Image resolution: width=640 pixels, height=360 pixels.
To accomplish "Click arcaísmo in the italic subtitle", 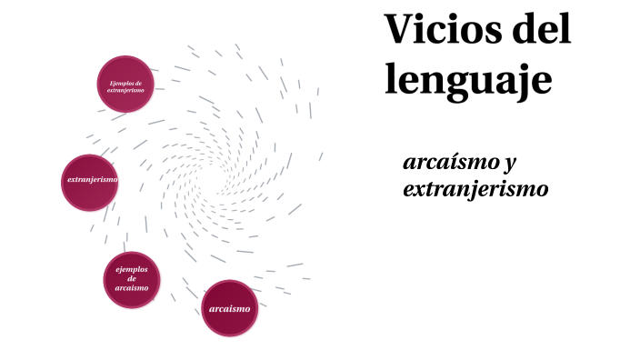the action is pos(447,164).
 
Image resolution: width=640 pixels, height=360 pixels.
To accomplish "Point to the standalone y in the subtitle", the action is pos(510,165).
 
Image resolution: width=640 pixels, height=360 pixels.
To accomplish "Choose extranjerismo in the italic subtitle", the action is pos(475,190).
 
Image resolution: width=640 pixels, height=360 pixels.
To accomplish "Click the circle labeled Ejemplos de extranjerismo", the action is pos(125,85).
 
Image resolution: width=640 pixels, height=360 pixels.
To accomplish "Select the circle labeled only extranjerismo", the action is pos(92,182).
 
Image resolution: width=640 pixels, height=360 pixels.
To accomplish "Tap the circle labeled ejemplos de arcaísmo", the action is pos(131,279).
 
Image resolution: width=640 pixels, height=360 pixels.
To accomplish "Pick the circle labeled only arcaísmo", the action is pos(229,308).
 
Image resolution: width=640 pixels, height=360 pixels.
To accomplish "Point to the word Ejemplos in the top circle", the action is pos(125,83).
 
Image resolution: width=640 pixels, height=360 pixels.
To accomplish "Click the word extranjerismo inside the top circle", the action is pos(125,90).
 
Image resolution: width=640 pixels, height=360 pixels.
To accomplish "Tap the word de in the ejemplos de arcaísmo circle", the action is pos(132,278).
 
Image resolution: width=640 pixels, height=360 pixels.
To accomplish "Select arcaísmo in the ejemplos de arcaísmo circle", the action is pos(132,288).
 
